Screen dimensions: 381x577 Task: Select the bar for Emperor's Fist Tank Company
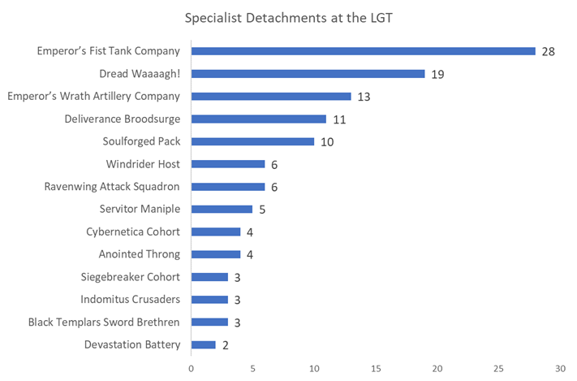[363, 51]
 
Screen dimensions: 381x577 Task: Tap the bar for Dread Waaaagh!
[308, 74]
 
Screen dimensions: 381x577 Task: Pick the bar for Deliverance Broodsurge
[258, 119]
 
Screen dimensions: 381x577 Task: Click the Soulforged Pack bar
[252, 141]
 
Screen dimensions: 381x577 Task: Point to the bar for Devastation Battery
[203, 345]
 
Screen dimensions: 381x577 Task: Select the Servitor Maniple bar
[222, 210]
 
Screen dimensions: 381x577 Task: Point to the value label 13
[364, 97]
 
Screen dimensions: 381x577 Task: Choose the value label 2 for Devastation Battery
[225, 345]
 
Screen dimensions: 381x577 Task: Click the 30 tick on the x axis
[560, 368]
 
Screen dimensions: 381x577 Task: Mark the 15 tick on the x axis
[376, 368]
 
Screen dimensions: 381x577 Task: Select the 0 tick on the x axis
[192, 368]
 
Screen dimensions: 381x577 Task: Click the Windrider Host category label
[141, 164]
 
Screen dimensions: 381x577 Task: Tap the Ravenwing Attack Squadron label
[112, 187]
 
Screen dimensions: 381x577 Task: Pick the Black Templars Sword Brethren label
[104, 323]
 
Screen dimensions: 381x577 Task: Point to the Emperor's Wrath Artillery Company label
[94, 97]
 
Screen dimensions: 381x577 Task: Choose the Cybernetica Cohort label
[133, 232]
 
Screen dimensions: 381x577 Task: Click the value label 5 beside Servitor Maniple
[262, 210]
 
